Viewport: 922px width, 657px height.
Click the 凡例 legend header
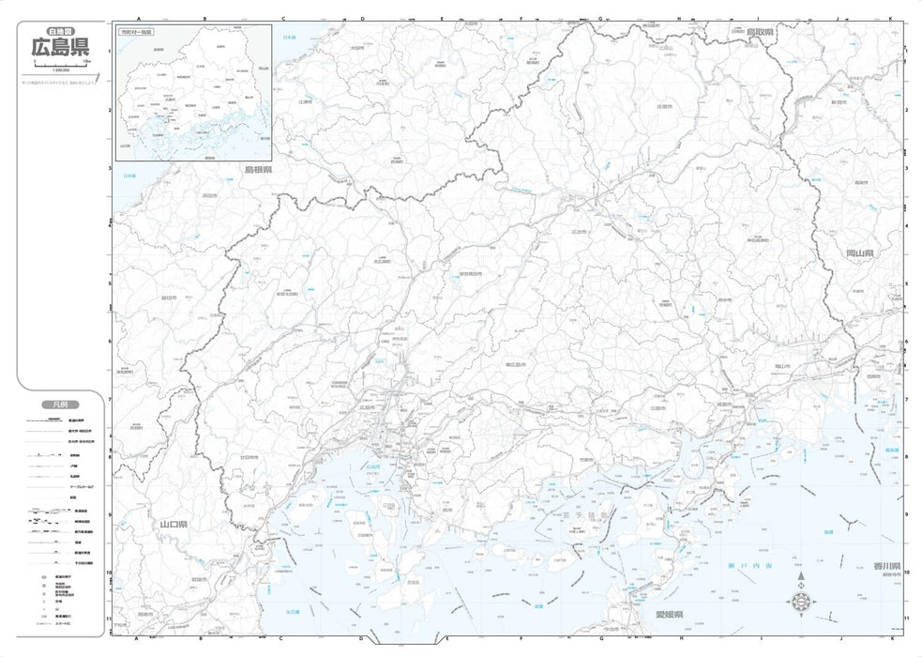59,405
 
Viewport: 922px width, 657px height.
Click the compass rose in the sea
802,600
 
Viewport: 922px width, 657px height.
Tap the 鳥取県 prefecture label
760,32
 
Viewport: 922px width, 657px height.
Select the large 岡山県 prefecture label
859,254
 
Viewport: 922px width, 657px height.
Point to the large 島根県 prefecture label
258,170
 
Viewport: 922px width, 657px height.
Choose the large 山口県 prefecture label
174,524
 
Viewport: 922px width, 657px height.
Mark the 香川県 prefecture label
886,567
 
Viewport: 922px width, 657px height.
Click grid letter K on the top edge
890,18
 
